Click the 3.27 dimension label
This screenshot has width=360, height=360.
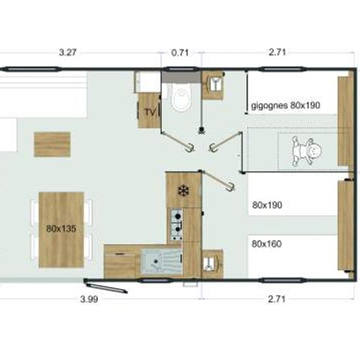67,52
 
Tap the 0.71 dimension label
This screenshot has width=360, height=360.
180,52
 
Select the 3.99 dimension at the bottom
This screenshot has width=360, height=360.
89,299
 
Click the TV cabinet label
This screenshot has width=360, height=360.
150,112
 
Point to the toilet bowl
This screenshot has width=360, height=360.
181,97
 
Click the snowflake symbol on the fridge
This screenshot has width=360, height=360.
183,190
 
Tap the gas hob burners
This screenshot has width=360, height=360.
176,225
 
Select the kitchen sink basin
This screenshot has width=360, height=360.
153,262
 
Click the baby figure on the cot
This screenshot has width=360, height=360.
307,151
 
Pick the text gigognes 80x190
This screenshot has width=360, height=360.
286,105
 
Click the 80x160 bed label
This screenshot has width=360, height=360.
267,244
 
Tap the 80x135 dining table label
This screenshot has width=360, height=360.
61,229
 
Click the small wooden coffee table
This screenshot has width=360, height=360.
52,145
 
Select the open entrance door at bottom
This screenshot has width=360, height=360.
106,286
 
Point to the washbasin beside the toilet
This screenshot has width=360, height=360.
213,85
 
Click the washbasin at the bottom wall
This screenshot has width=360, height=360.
212,263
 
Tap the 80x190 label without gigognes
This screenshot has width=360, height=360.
267,205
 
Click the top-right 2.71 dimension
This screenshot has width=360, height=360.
277,52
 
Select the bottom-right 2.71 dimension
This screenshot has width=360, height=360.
277,299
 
